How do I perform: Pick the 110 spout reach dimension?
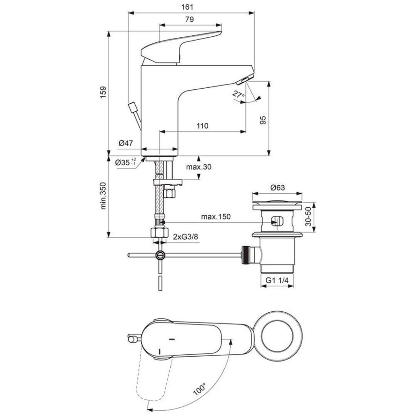tap(202, 126)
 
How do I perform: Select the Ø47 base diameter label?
tap(126, 143)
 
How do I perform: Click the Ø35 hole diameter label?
tap(125, 162)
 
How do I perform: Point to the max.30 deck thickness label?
tap(199, 167)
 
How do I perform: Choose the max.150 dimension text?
tap(216, 217)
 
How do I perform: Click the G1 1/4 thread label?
tap(277, 281)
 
